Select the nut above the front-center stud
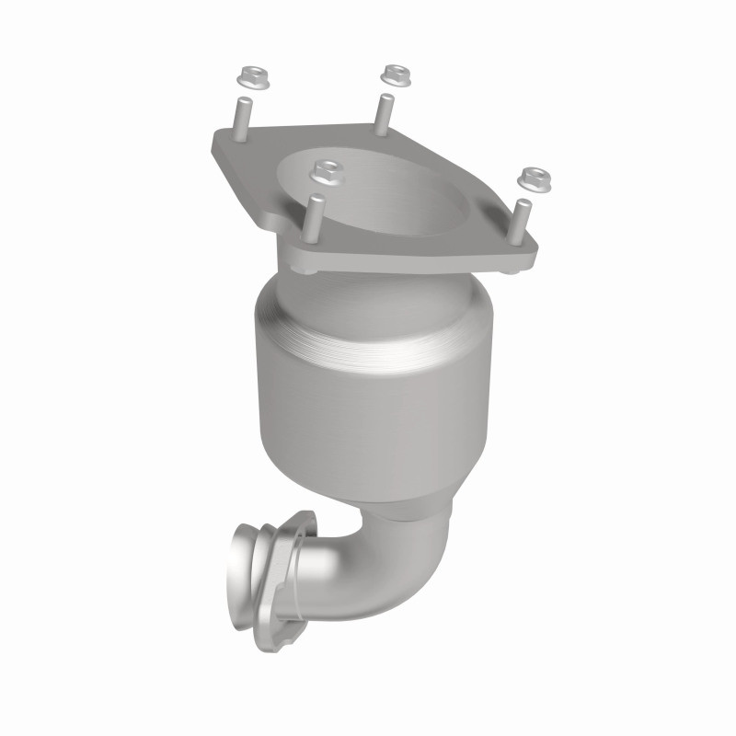tap(323, 170)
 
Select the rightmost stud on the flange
tap(521, 221)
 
